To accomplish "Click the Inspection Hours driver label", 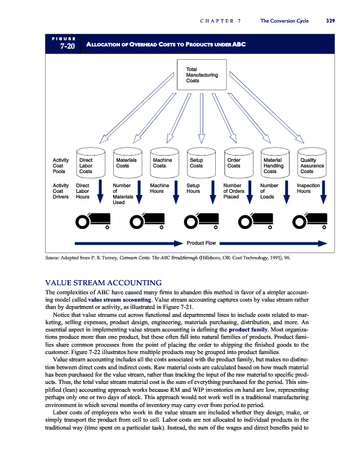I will click(308, 188).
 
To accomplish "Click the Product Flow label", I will click(201, 244).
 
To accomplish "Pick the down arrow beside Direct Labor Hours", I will click(100, 190).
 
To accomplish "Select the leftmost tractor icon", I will click(92, 220).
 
